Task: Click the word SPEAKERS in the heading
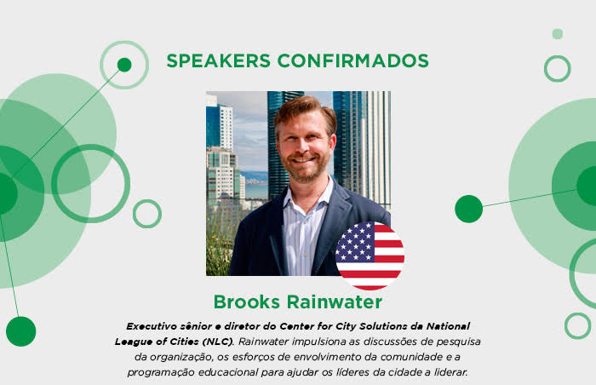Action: pyautogui.click(x=219, y=60)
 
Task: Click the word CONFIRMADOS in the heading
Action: pyautogui.click(x=353, y=60)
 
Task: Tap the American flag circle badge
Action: pyautogui.click(x=370, y=256)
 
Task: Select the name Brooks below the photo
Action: pyautogui.click(x=247, y=302)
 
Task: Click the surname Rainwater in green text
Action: pyautogui.click(x=335, y=302)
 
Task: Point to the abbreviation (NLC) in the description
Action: pyautogui.click(x=216, y=342)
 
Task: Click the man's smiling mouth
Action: pyautogui.click(x=303, y=159)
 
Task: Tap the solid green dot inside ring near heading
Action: pyautogui.click(x=124, y=65)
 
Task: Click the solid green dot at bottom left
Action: pyautogui.click(x=21, y=331)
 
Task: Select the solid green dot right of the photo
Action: pyautogui.click(x=468, y=209)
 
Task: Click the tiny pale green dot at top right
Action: pyautogui.click(x=557, y=34)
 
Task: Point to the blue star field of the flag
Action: pyautogui.click(x=355, y=243)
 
